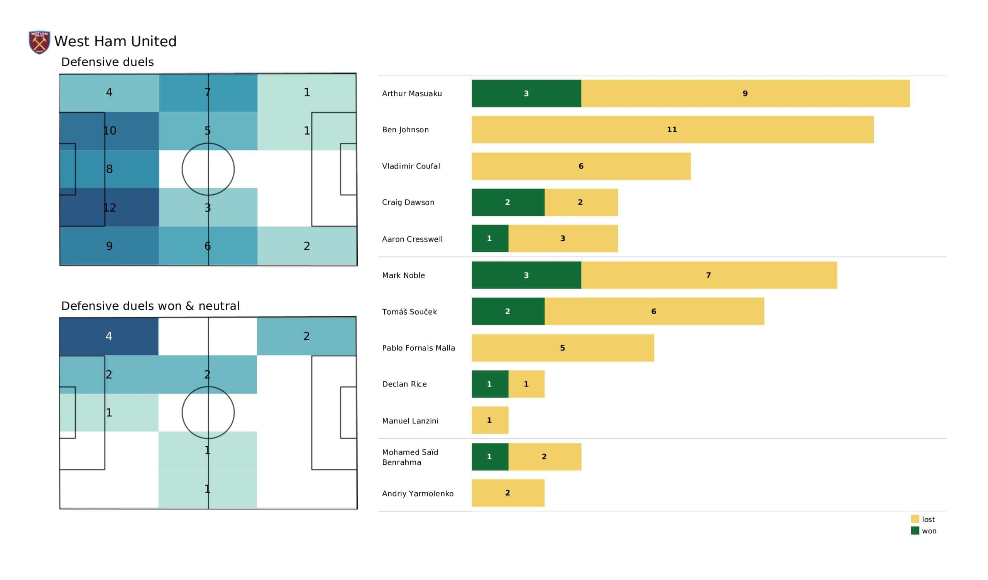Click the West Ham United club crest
40,42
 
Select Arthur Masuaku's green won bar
526,93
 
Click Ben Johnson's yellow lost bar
672,130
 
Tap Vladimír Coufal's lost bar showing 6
581,166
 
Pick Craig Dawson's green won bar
508,202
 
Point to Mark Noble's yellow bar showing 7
709,275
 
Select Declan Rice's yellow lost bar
526,384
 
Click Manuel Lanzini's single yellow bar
490,420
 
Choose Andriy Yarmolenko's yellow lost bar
508,493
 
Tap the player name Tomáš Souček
409,312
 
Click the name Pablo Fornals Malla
418,348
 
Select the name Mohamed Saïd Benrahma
410,457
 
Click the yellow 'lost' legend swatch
915,519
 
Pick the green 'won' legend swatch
915,531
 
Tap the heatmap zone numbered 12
109,207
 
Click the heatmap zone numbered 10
109,130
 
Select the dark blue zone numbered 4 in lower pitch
109,336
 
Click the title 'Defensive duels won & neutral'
150,306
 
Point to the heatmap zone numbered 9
109,246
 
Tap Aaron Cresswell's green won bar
490,238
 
